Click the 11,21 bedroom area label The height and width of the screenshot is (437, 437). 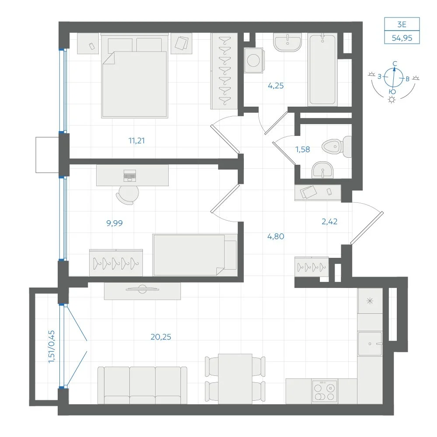pyautogui.click(x=136, y=140)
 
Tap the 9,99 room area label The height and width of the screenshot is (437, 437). pyautogui.click(x=114, y=223)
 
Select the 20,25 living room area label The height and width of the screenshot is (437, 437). pyautogui.click(x=161, y=336)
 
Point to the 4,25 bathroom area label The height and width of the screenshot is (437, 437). pyautogui.click(x=276, y=86)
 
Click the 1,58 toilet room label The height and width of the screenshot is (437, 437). pyautogui.click(x=303, y=149)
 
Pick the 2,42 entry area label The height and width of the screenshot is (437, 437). pyautogui.click(x=329, y=222)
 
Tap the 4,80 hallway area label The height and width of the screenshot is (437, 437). pyautogui.click(x=276, y=236)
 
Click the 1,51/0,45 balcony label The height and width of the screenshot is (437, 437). pyautogui.click(x=52, y=347)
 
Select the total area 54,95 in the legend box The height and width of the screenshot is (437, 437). pyautogui.click(x=402, y=38)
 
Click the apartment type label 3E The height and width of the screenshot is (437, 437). pyautogui.click(x=402, y=24)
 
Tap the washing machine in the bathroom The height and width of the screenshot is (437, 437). pyautogui.click(x=253, y=60)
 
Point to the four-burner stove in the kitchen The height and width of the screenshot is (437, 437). pyautogui.click(x=324, y=391)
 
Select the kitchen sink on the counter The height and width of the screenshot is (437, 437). pyautogui.click(x=370, y=343)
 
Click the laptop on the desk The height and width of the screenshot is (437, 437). pyautogui.click(x=130, y=176)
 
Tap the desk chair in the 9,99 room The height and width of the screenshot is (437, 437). pyautogui.click(x=127, y=195)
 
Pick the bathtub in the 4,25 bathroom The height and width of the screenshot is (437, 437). pyautogui.click(x=323, y=69)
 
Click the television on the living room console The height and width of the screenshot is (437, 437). pyautogui.click(x=142, y=289)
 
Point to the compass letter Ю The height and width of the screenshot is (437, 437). pyautogui.click(x=392, y=92)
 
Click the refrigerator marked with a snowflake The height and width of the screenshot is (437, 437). pyautogui.click(x=370, y=301)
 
